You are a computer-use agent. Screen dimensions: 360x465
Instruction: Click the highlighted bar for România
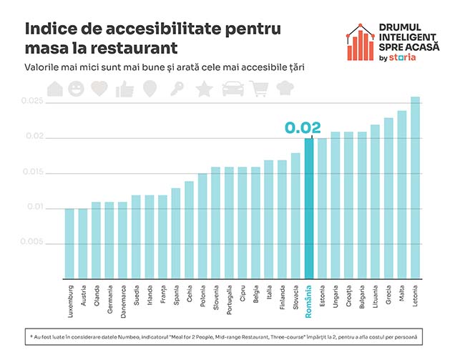click(x=309, y=208)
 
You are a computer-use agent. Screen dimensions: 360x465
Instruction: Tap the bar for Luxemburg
click(x=69, y=243)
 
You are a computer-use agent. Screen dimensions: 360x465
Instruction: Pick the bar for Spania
click(x=175, y=233)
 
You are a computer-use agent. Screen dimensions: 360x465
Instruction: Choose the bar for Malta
click(x=402, y=194)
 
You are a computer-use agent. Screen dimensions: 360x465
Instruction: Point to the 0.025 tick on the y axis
click(x=32, y=102)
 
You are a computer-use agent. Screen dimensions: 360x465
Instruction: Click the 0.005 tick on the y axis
click(x=32, y=242)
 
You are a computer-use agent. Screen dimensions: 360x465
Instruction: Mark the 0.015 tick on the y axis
click(x=32, y=172)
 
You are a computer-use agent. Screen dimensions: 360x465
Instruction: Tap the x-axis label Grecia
click(x=389, y=296)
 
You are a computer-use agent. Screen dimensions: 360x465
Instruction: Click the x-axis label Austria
click(x=83, y=296)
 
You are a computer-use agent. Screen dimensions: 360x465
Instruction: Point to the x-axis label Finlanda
click(x=283, y=298)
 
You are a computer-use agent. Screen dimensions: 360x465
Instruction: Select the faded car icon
click(x=232, y=89)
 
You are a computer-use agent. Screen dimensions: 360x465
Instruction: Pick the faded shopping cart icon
click(x=259, y=89)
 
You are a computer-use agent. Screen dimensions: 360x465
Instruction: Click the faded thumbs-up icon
click(x=124, y=89)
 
